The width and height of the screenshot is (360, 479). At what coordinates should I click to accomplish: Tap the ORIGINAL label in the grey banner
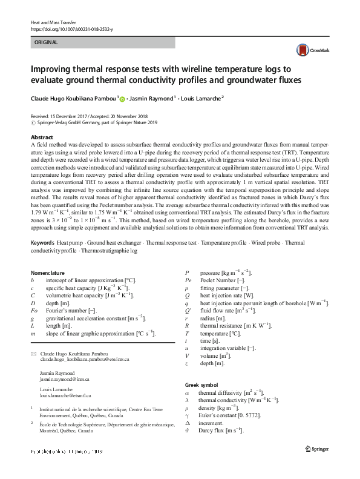(x=47, y=42)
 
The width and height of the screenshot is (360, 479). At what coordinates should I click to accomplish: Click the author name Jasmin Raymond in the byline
(x=151, y=98)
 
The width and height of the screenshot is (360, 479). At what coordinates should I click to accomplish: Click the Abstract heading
(x=42, y=138)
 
